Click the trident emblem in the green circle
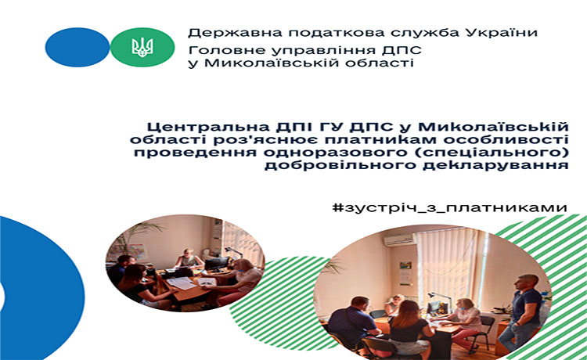tap(142, 47)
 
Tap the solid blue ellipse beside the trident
tap(77, 47)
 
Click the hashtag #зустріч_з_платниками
tap(450, 207)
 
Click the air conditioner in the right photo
tap(399, 239)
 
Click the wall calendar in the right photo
tap(405, 272)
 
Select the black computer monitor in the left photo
tap(216, 263)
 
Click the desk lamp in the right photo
tap(439, 300)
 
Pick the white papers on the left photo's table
tap(182, 283)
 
